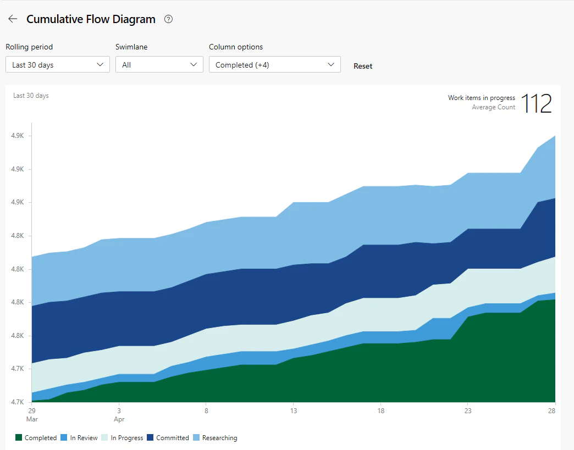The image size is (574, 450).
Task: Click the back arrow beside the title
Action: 13,19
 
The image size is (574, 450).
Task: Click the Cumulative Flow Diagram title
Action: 91,19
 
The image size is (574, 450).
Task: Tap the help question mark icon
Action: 168,19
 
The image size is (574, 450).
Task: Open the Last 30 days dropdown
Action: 58,64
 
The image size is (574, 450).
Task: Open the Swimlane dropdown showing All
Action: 159,64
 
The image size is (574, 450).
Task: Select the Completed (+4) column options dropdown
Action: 274,64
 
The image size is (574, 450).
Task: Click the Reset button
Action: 363,66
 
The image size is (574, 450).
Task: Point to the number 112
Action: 536,103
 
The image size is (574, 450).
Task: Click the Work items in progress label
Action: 482,98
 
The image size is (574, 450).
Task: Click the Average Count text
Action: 494,107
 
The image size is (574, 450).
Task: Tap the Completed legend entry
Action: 36,437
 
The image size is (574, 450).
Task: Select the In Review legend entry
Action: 79,437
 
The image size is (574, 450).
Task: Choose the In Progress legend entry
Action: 122,437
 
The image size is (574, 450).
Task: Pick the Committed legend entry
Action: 168,437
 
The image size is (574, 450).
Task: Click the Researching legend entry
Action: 216,437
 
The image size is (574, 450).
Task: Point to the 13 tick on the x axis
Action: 294,411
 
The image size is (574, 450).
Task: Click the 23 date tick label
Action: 468,411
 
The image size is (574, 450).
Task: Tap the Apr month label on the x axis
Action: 119,419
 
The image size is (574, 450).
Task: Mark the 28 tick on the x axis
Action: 551,411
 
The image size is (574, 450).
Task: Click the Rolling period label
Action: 29,47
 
